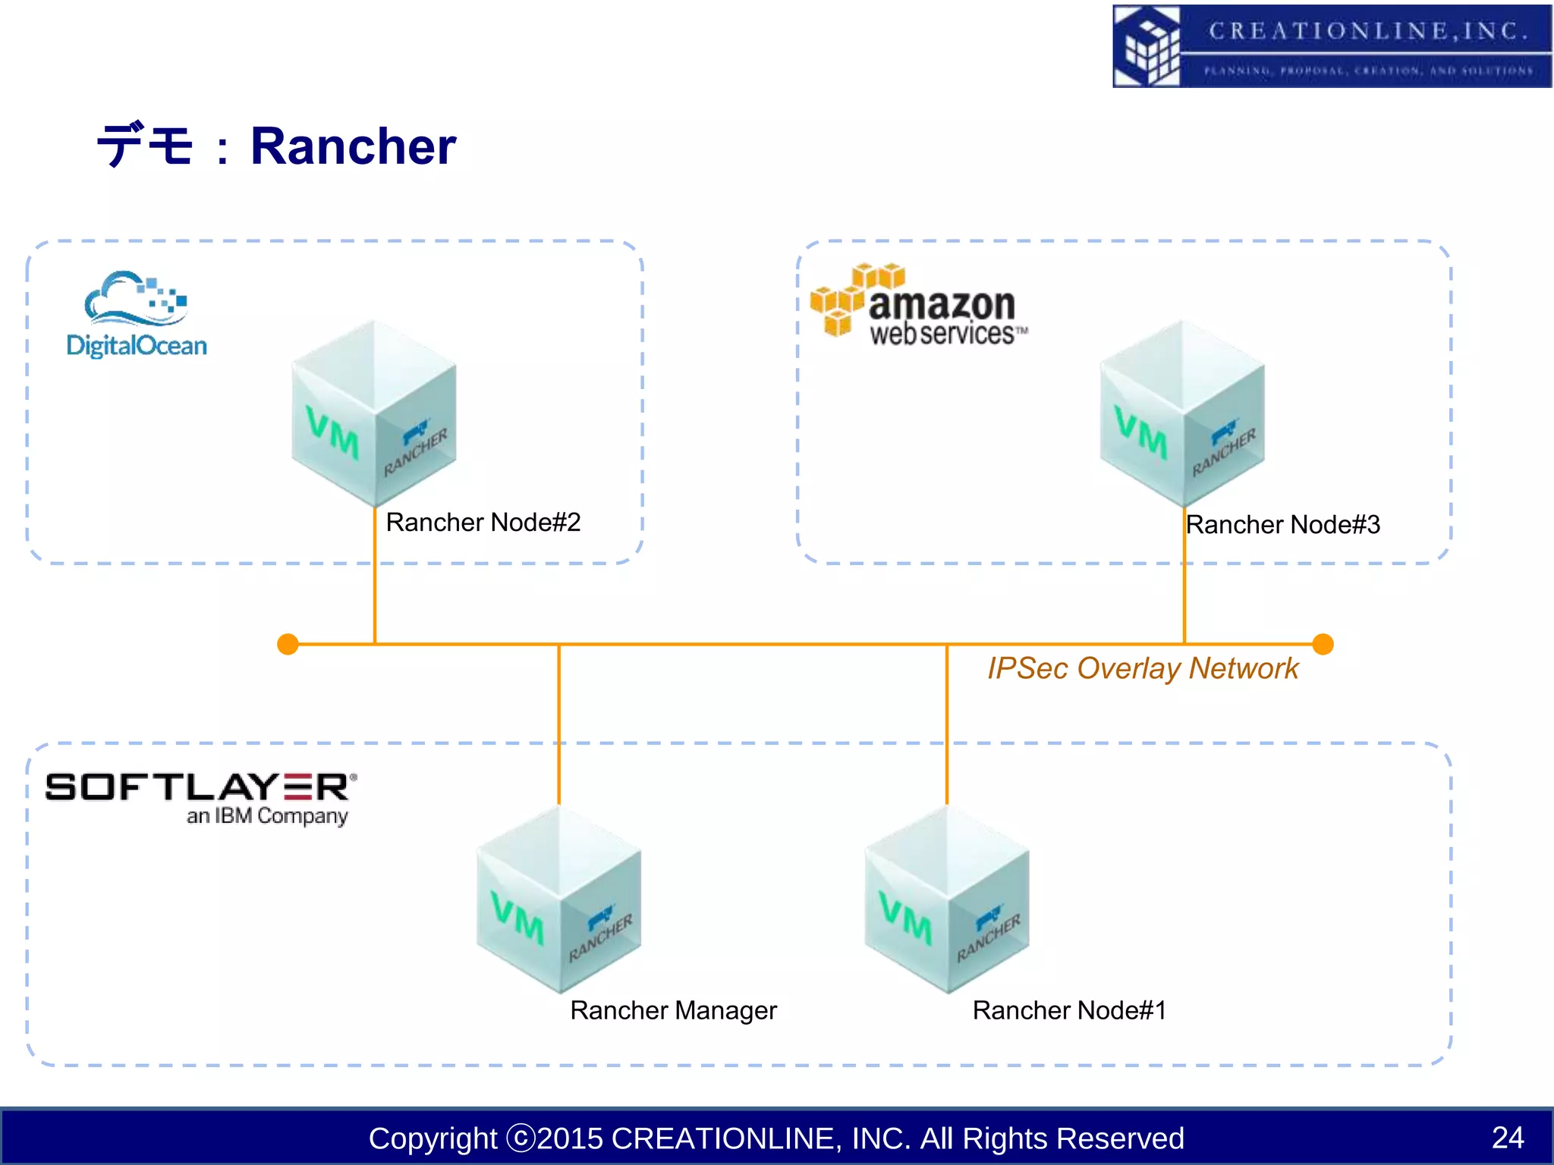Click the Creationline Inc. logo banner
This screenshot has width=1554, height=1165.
[x=1332, y=46]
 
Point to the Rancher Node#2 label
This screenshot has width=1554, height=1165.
[x=483, y=523]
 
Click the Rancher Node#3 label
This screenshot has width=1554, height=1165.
[x=1282, y=525]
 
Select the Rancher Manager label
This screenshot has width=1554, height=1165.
[x=673, y=1010]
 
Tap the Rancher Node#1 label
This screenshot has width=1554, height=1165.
[x=1069, y=1010]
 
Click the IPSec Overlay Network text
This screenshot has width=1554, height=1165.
[x=1143, y=668]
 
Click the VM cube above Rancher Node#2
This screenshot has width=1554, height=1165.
[x=374, y=413]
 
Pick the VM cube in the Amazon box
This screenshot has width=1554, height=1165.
[x=1182, y=413]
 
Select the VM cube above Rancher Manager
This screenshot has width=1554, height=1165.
[x=559, y=900]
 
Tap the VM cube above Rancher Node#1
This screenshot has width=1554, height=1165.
[x=947, y=900]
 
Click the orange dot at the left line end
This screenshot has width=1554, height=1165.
[x=288, y=644]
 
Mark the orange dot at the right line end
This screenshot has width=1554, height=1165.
[x=1323, y=644]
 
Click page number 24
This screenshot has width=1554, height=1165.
[x=1507, y=1138]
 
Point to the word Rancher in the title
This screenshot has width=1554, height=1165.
[x=353, y=146]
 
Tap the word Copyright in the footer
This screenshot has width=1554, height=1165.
[x=433, y=1138]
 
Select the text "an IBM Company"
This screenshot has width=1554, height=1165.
[x=267, y=816]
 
